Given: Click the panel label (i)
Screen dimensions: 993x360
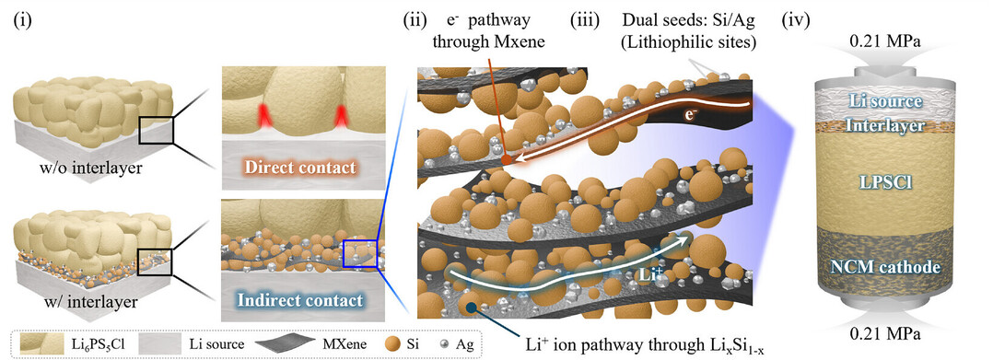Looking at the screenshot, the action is [22, 21].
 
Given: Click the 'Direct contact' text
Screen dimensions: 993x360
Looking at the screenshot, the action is [302, 168].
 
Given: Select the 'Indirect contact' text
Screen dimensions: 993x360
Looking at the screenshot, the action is [302, 299].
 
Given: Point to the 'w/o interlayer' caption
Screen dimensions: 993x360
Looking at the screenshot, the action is [88, 168].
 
